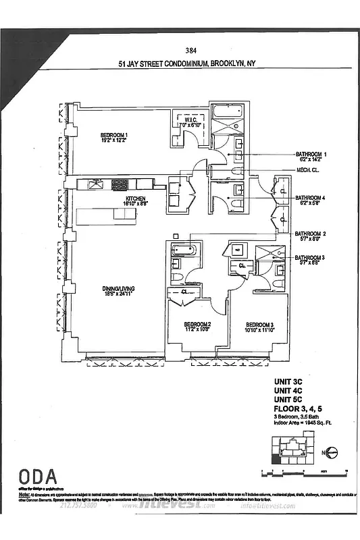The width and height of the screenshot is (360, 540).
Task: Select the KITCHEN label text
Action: click(x=135, y=200)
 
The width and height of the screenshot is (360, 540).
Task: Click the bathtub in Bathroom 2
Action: click(x=184, y=250)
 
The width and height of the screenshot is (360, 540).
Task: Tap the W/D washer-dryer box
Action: click(x=237, y=250)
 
